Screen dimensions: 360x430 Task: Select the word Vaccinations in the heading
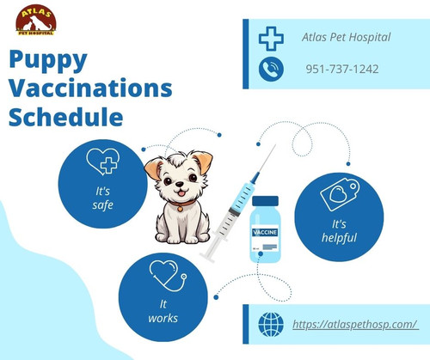(x=90, y=88)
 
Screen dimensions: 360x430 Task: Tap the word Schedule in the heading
(x=65, y=115)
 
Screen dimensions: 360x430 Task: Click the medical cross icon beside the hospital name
(x=271, y=38)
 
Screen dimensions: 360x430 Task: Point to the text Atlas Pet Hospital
(x=347, y=36)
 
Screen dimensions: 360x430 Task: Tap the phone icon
(x=271, y=70)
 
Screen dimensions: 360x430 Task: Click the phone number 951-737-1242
(x=342, y=69)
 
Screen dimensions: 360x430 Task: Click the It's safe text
(x=102, y=197)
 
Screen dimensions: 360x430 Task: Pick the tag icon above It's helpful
(x=338, y=196)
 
